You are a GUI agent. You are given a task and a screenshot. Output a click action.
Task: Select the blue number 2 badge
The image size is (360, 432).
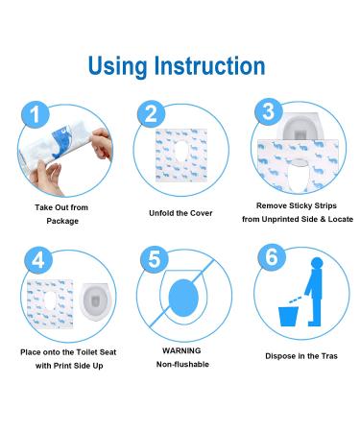click(149, 114)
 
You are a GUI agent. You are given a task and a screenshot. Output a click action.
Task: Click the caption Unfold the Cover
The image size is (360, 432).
click(180, 213)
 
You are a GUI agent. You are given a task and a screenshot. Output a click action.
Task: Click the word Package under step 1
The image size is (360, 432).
click(63, 220)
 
